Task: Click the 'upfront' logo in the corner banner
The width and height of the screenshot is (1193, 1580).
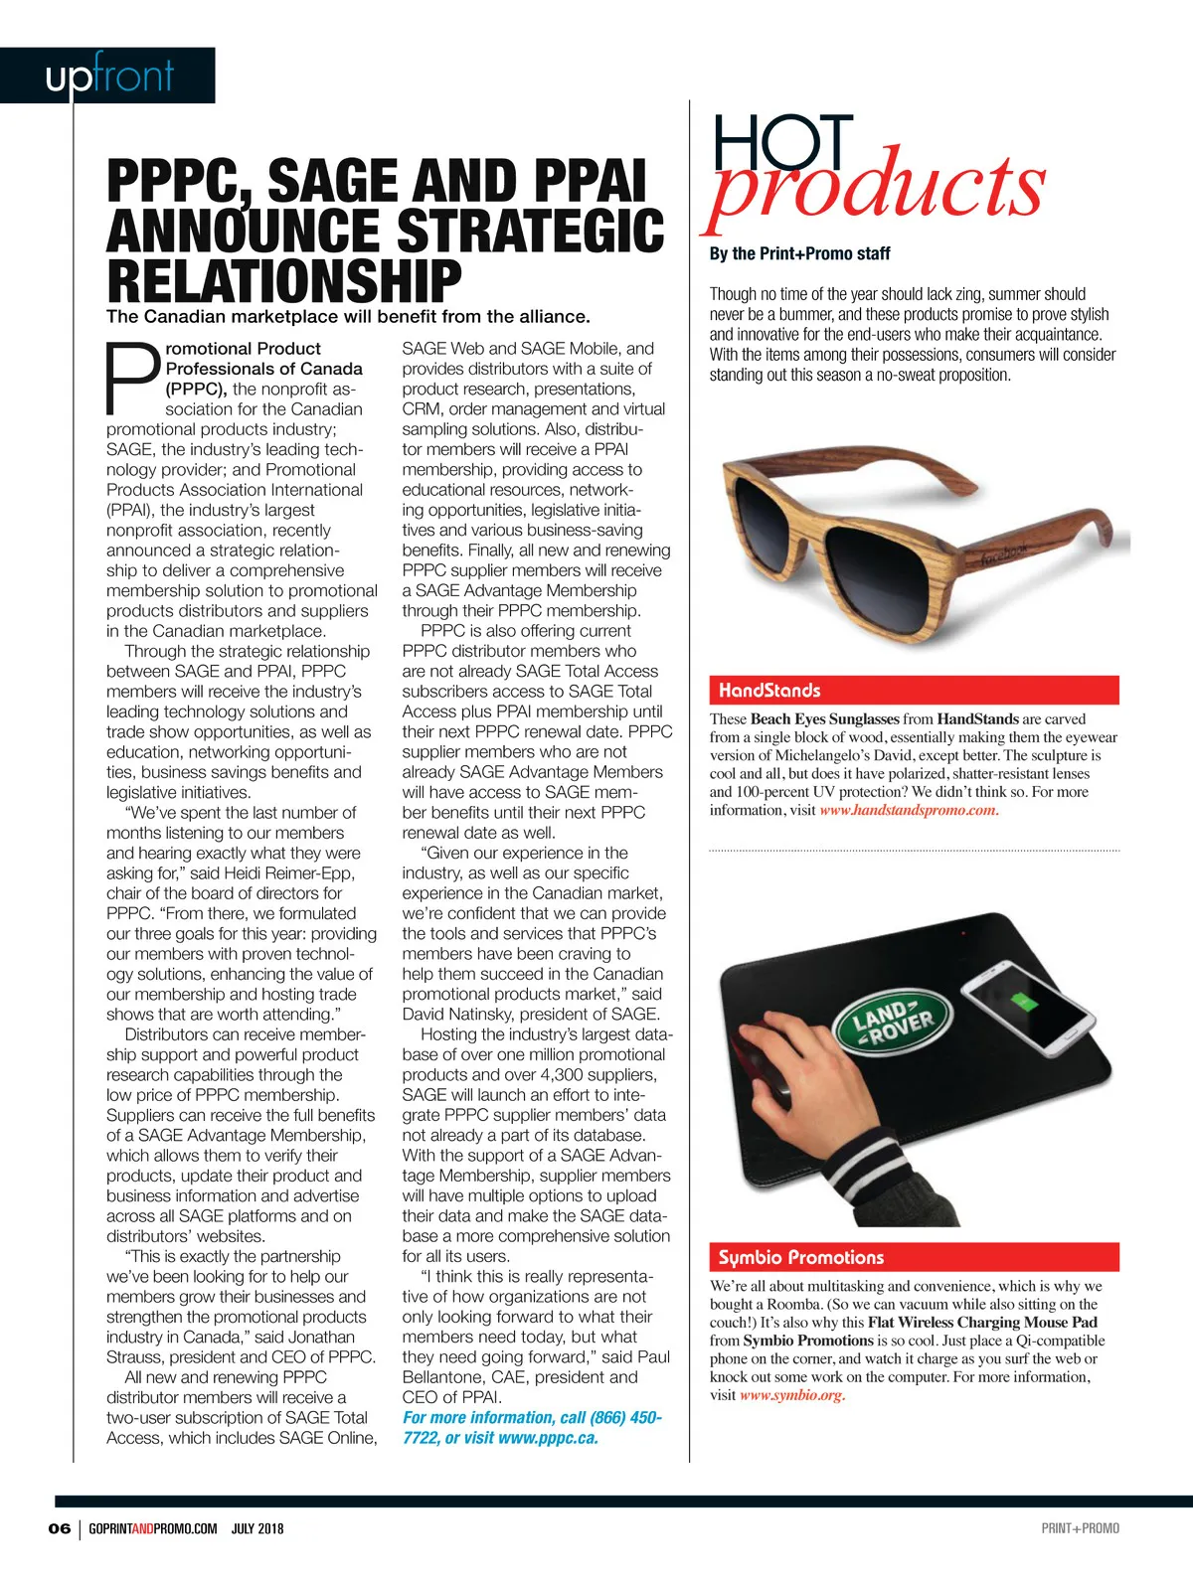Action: (x=109, y=77)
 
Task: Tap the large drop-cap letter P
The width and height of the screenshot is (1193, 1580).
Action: (x=132, y=378)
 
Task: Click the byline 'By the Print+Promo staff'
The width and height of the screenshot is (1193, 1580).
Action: (x=799, y=253)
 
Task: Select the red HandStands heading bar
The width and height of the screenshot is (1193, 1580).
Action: (x=914, y=690)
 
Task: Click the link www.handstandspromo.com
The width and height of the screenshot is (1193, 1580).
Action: (x=908, y=810)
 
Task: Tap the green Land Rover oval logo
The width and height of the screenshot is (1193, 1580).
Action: (x=893, y=1023)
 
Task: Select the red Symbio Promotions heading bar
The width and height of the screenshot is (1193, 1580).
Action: (x=914, y=1257)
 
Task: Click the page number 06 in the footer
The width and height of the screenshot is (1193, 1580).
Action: (x=60, y=1528)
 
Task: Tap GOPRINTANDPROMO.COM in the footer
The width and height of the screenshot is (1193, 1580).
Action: (x=152, y=1528)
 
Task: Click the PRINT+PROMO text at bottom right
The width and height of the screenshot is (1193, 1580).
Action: (x=1080, y=1528)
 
